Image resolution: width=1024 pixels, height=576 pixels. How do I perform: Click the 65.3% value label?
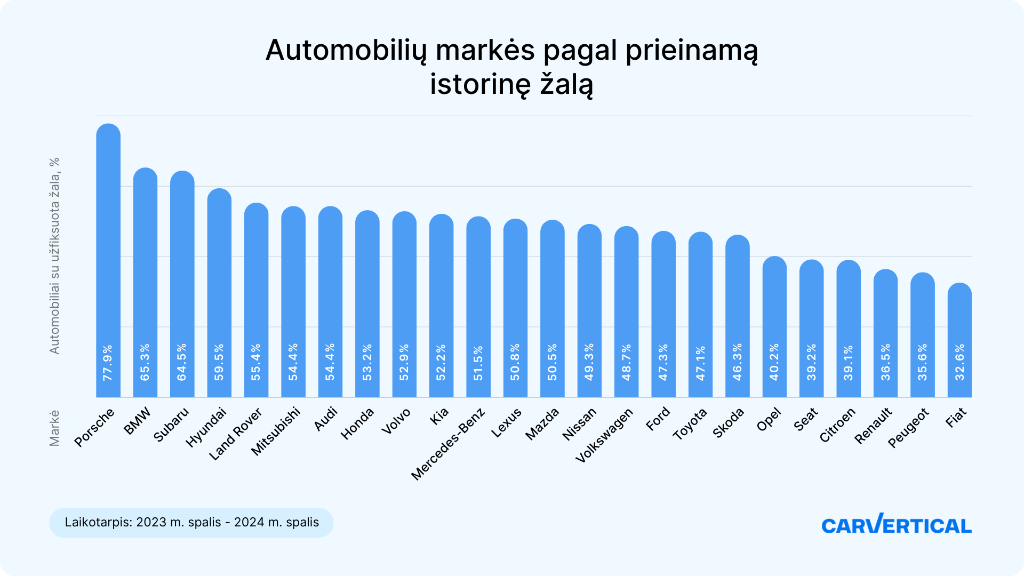pos(145,362)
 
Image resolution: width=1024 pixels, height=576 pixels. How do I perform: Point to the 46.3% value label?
pos(738,362)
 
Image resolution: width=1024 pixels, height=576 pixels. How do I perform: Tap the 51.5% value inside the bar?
pos(478,363)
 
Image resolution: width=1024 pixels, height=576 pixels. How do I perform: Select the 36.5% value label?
pos(885,362)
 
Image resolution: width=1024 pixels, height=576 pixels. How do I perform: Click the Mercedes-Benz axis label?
pos(449,444)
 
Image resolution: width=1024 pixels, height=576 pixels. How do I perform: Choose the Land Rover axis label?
pos(236,434)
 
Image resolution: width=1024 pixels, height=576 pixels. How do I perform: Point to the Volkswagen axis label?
pos(604,435)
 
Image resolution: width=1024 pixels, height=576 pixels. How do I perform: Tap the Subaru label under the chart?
pos(171,425)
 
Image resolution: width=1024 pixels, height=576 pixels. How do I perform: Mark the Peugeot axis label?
pos(908,428)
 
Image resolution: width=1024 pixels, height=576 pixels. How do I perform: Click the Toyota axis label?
pos(690,424)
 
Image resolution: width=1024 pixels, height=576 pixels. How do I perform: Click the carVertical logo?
pos(896,524)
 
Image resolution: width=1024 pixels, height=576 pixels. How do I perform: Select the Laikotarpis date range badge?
pos(191,522)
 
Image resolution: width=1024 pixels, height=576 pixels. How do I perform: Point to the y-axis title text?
pos(54,256)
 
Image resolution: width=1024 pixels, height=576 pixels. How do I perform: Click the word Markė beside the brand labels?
pos(54,428)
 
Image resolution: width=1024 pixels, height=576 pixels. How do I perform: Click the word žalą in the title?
pos(566,84)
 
